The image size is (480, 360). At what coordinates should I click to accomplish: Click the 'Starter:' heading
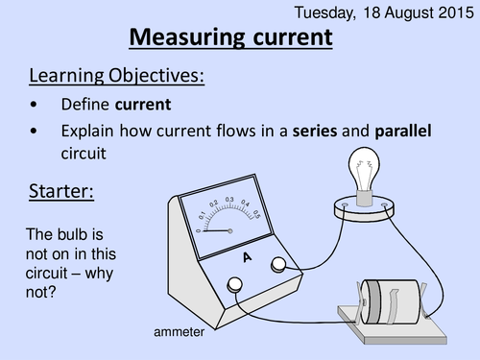(x=60, y=191)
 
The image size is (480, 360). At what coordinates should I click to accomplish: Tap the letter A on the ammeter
(x=247, y=258)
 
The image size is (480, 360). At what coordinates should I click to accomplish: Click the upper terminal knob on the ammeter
(x=279, y=265)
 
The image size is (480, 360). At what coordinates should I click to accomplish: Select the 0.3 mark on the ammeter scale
(x=229, y=200)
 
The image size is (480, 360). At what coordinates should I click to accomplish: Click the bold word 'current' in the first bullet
(x=146, y=103)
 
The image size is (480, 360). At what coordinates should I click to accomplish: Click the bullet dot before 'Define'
(x=36, y=104)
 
